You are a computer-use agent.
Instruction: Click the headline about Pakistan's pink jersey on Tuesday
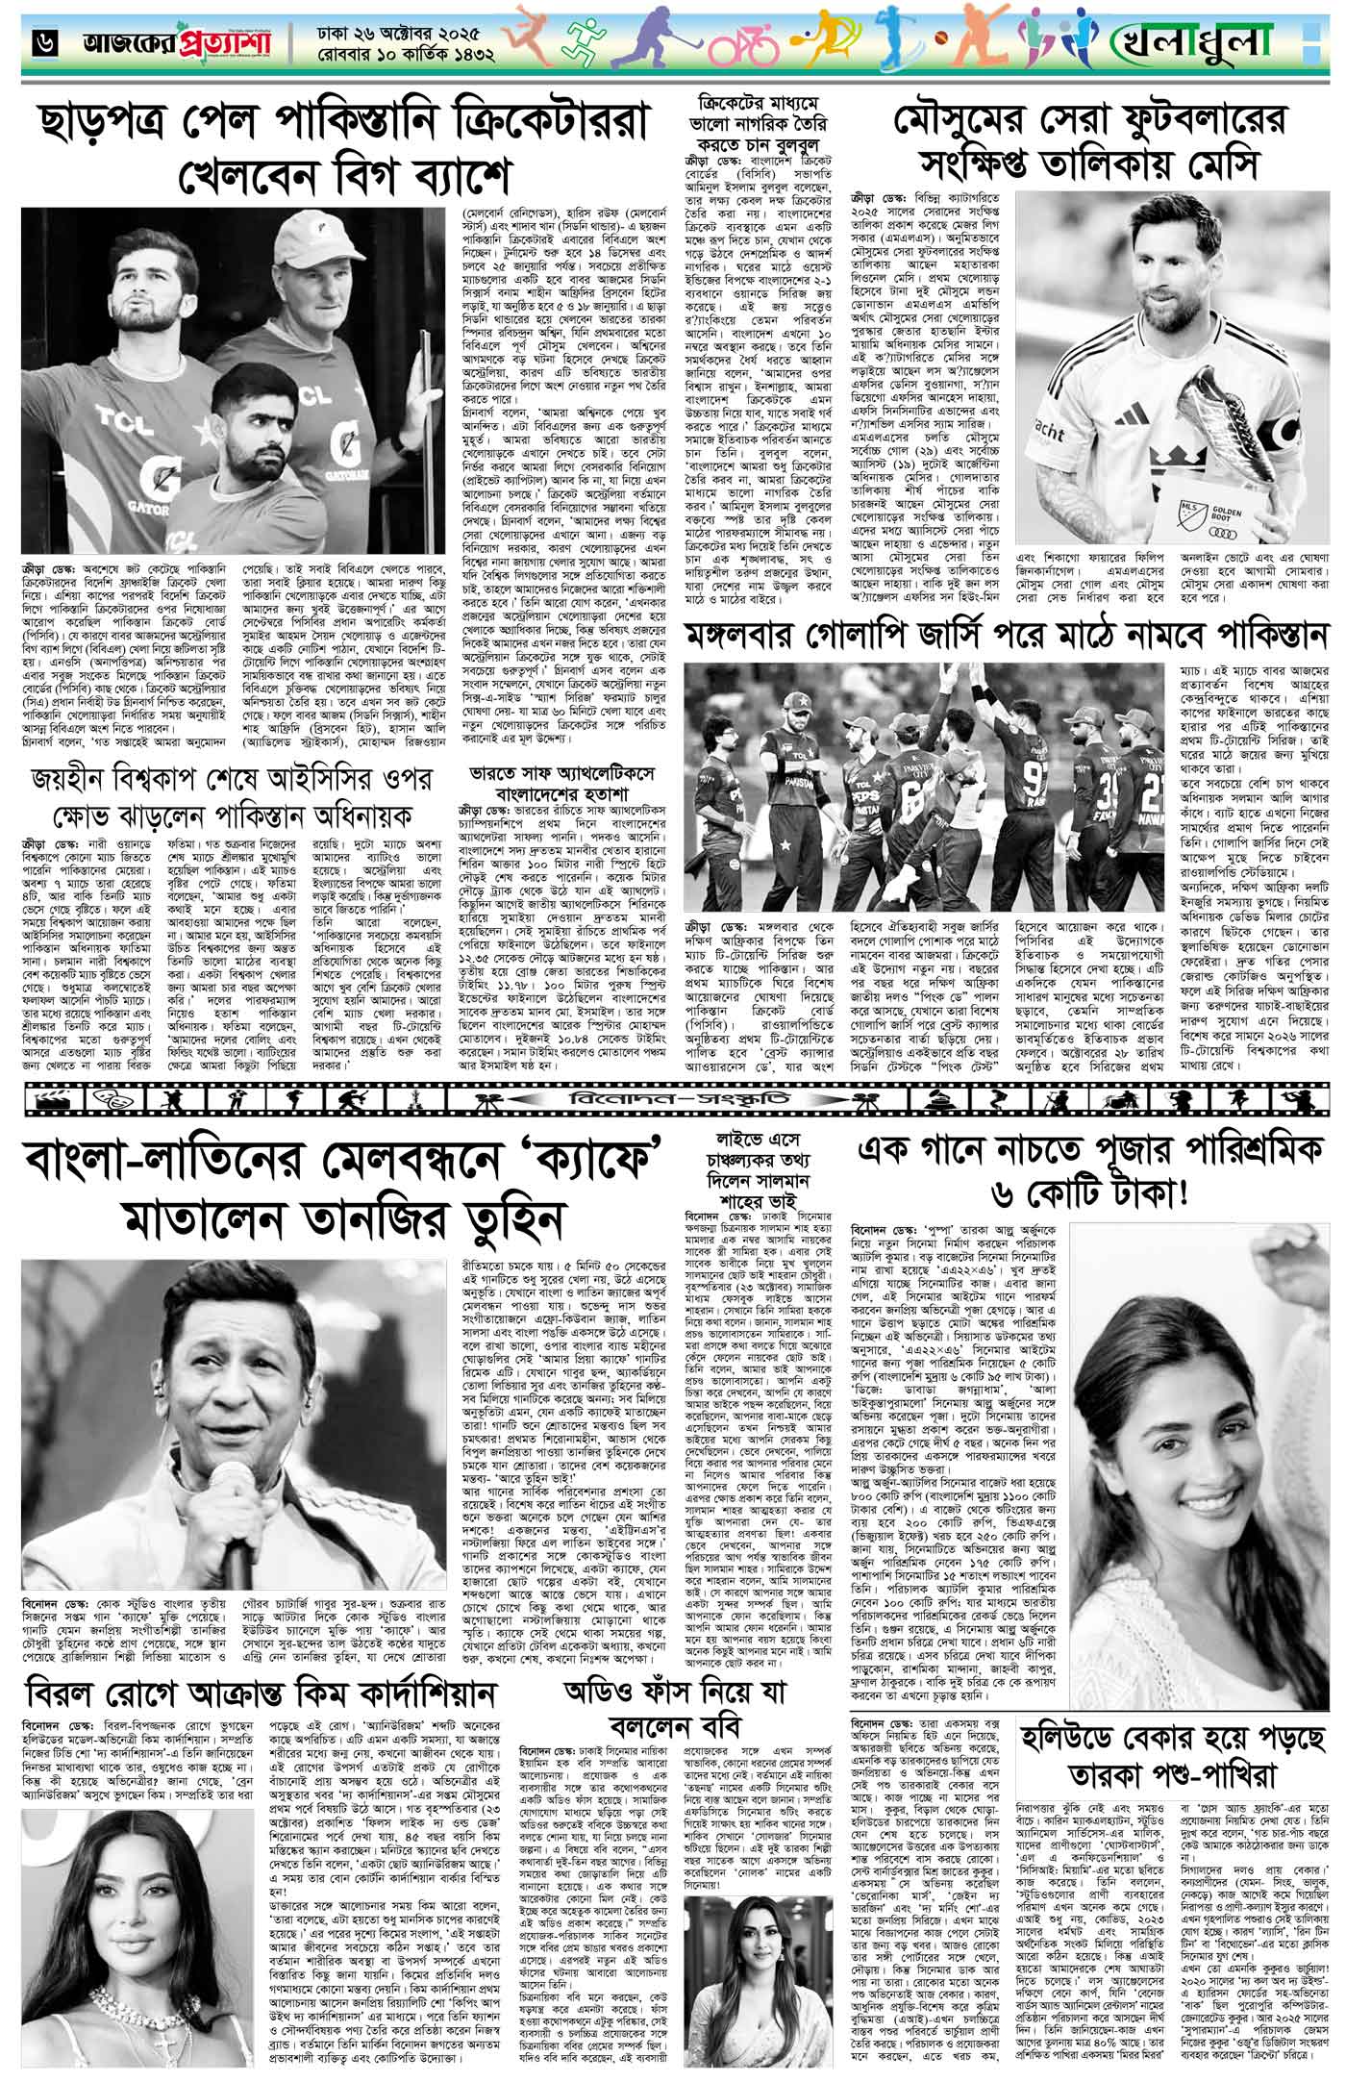pos(1009,635)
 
